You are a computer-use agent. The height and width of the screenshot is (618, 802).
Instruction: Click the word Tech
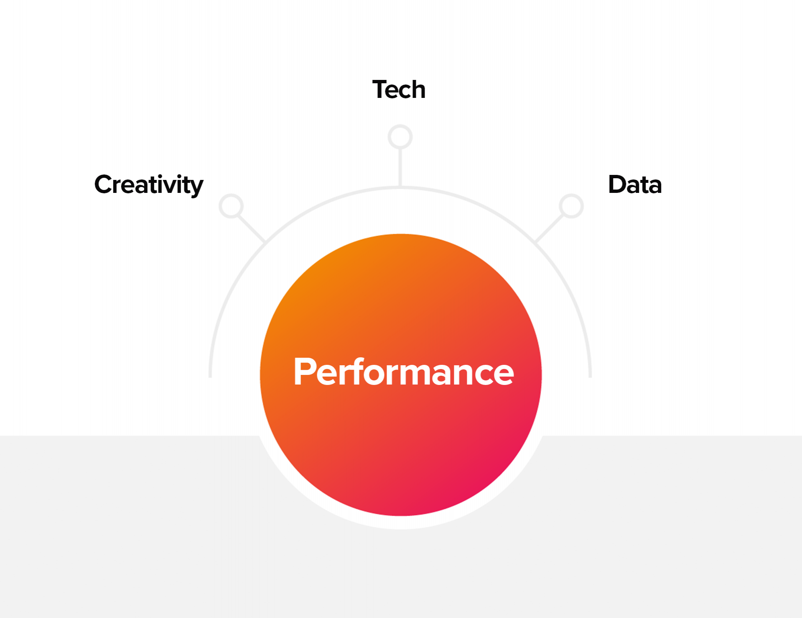(399, 89)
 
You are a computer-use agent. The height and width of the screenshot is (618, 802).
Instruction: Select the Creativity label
(149, 185)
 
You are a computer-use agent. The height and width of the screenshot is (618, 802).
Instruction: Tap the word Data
(635, 185)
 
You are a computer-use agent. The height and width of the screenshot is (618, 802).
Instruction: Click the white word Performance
(403, 372)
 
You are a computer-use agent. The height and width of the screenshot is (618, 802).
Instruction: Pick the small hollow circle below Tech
(400, 137)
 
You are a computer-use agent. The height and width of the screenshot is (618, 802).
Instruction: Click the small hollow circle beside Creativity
(231, 206)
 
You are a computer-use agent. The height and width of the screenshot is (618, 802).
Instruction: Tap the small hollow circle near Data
(571, 206)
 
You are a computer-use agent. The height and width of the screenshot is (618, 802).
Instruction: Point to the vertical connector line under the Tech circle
(400, 168)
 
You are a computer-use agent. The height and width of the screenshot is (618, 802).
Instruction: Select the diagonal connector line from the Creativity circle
(252, 228)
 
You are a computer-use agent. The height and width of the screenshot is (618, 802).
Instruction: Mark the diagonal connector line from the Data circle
(550, 228)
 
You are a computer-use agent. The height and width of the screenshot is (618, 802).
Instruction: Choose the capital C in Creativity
(104, 184)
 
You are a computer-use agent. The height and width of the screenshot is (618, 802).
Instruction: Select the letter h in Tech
(418, 89)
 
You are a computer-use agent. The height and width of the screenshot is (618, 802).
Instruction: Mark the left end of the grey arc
(210, 377)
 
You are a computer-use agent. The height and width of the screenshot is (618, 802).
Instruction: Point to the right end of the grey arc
(590, 377)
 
